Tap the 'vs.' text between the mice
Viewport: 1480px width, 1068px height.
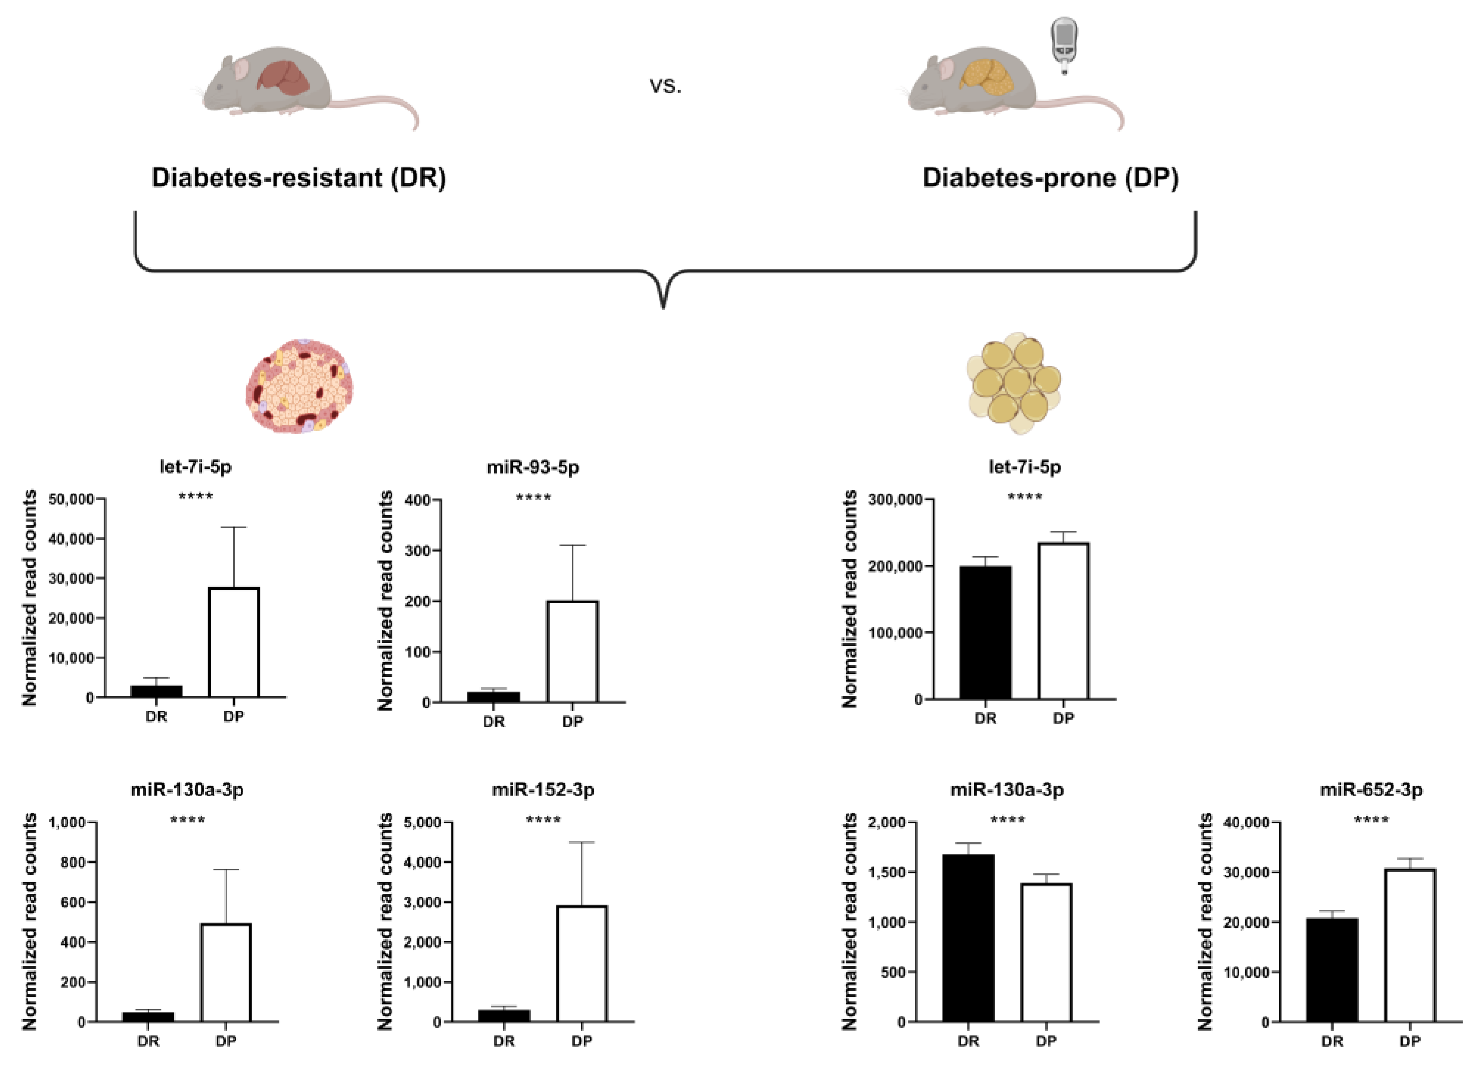click(665, 85)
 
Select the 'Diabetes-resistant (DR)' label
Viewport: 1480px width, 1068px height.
click(298, 178)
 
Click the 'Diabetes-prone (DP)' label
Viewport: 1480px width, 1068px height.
click(1050, 178)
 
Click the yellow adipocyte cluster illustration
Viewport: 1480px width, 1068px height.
click(1014, 384)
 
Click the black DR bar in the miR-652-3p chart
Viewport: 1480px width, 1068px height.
click(1332, 970)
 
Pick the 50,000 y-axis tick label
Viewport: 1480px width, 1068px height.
click(71, 499)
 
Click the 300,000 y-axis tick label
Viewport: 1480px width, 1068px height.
click(895, 499)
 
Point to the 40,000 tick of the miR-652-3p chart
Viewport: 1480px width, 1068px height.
click(1246, 822)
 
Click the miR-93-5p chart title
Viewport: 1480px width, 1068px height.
click(533, 467)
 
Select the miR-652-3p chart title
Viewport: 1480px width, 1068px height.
click(1371, 790)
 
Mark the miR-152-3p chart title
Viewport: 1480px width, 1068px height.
click(543, 790)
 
